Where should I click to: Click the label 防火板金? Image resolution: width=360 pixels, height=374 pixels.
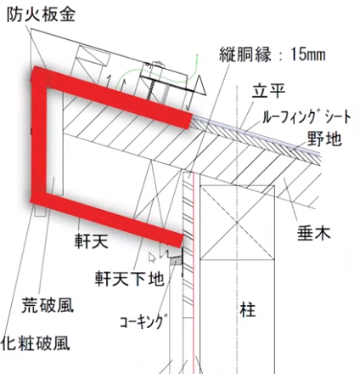pos(41,14)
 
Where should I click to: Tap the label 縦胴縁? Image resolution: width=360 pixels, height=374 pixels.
pos(245,54)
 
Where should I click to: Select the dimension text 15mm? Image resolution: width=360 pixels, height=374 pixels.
pos(308,54)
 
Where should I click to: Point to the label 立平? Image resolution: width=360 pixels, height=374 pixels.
pos(268,90)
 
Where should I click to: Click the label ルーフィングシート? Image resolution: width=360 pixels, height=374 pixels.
pos(307,116)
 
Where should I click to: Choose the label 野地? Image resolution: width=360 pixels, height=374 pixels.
pos(324,139)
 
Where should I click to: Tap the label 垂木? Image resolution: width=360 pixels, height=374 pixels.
pos(313,234)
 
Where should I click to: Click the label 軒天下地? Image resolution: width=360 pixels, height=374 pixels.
pos(130,278)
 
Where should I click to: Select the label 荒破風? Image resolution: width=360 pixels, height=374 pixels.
pos(48,305)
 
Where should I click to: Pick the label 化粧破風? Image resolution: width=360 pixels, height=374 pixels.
pos(35,343)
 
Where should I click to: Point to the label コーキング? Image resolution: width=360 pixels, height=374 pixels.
pos(142,321)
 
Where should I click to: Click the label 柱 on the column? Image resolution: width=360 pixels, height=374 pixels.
pos(248,309)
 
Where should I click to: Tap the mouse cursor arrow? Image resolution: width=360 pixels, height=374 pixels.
pos(152,257)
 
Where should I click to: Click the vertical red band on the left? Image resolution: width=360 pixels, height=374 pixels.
pos(39,135)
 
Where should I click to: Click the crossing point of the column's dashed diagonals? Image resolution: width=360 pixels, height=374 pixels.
pos(237,223)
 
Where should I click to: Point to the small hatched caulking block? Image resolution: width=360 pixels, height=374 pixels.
pos(176,260)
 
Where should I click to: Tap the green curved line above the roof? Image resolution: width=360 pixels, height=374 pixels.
pos(159,75)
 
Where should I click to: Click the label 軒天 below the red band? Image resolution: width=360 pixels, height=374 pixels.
pos(92,241)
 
